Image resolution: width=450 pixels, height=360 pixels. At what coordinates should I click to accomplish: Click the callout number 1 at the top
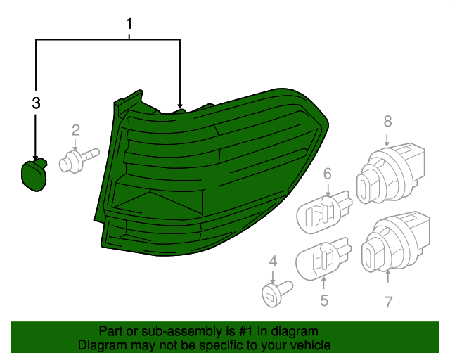(129, 23)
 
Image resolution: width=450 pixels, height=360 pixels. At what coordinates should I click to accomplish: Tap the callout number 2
(75, 130)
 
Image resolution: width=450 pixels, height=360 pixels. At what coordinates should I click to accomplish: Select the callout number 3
(36, 103)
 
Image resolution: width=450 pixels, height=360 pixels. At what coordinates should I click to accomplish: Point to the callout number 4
(274, 262)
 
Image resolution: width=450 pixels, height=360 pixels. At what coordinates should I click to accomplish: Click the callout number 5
(324, 300)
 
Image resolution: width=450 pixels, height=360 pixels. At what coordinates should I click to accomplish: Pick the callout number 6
(328, 174)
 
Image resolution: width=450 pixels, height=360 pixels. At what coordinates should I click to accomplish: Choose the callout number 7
(388, 302)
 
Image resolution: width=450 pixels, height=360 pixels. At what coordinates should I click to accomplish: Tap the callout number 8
(387, 121)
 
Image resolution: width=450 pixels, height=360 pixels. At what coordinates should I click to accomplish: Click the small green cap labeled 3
(34, 174)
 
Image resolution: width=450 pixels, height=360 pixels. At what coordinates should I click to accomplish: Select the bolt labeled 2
(79, 161)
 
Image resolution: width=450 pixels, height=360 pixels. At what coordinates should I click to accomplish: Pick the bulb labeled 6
(323, 212)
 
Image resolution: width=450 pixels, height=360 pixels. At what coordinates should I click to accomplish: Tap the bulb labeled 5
(323, 258)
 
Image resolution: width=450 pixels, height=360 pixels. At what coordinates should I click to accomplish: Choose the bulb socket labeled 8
(390, 174)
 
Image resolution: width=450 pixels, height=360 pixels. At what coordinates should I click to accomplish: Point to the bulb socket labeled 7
(395, 242)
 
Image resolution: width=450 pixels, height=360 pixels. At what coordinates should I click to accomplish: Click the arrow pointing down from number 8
(387, 140)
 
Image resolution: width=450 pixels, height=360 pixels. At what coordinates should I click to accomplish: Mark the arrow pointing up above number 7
(387, 276)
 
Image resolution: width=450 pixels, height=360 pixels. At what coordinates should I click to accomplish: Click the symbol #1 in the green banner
(245, 332)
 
